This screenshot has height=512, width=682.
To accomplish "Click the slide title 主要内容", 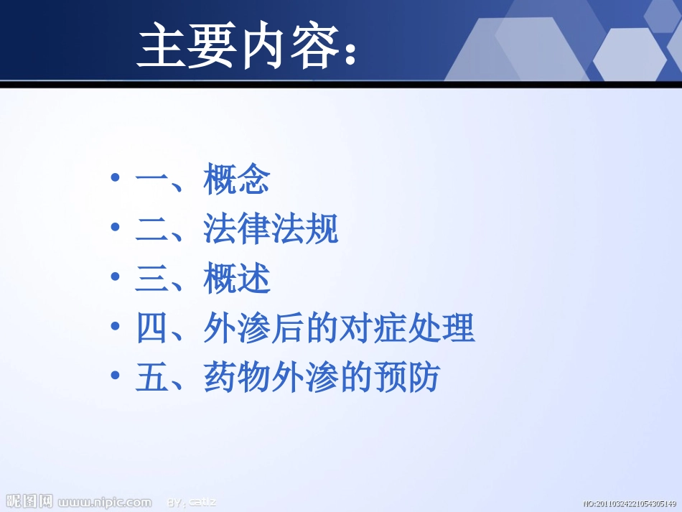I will [x=237, y=46].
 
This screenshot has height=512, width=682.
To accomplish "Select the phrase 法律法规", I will [x=271, y=229].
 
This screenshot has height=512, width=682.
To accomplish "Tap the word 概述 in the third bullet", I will [x=237, y=279].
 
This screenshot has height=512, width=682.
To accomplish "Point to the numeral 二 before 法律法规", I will [x=151, y=229].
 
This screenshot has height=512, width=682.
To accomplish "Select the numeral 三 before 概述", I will [x=151, y=279].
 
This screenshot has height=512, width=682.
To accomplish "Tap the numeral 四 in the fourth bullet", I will [x=151, y=328].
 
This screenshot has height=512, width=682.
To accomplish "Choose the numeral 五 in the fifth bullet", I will [x=151, y=378].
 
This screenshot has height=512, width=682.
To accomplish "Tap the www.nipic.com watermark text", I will [x=105, y=502].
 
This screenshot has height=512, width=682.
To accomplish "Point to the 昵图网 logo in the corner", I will [x=29, y=501].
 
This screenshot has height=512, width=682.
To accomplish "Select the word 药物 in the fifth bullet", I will [x=237, y=378].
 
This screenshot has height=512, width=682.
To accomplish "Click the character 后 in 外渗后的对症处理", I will [x=288, y=328].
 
